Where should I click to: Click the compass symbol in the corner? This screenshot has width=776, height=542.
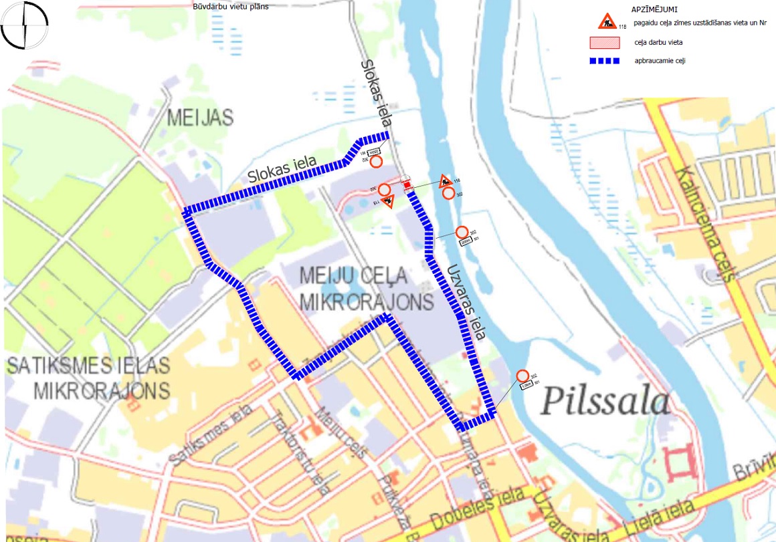tap(25, 26)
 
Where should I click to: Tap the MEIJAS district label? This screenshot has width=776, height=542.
tap(200, 118)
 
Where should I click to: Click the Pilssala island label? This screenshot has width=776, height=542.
tap(605, 401)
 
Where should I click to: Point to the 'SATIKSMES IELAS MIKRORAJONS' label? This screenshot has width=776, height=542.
tap(88, 378)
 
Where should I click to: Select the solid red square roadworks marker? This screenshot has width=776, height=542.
tap(407, 184)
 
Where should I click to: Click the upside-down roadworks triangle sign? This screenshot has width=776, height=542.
tap(387, 201)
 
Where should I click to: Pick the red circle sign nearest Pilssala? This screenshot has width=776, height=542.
tap(522, 376)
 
